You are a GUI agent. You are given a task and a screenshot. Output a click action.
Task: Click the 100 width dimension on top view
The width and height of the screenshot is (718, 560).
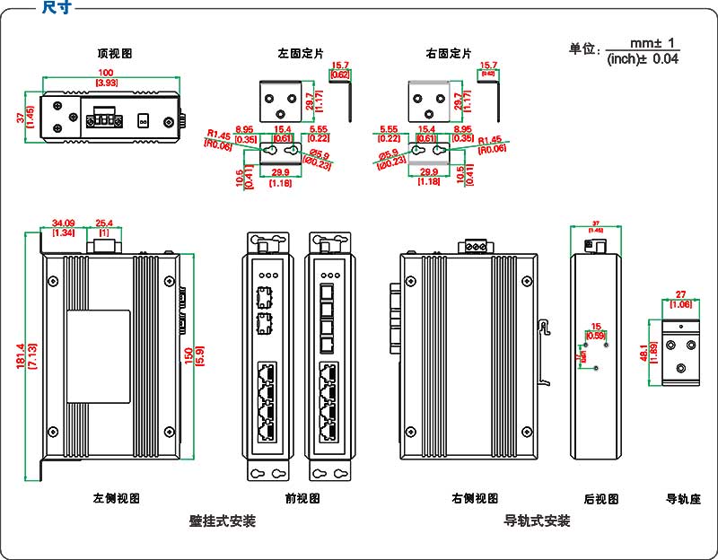pyautogui.click(x=106, y=73)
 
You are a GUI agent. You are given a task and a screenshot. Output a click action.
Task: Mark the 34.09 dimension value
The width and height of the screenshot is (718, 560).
pyautogui.click(x=63, y=223)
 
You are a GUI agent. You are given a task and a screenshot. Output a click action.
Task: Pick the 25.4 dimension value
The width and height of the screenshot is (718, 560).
pyautogui.click(x=103, y=223)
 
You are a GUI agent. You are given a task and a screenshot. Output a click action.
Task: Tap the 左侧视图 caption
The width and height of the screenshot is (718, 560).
pyautogui.click(x=116, y=498)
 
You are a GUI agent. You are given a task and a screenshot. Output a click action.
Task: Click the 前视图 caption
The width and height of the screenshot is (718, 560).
pyautogui.click(x=296, y=498)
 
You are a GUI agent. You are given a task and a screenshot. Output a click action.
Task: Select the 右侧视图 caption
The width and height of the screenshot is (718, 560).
pyautogui.click(x=475, y=498)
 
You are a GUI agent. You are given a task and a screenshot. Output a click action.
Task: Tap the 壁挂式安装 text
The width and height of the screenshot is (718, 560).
pyautogui.click(x=223, y=521)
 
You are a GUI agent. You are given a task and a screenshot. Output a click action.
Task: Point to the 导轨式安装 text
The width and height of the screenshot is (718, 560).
pyautogui.click(x=537, y=521)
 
